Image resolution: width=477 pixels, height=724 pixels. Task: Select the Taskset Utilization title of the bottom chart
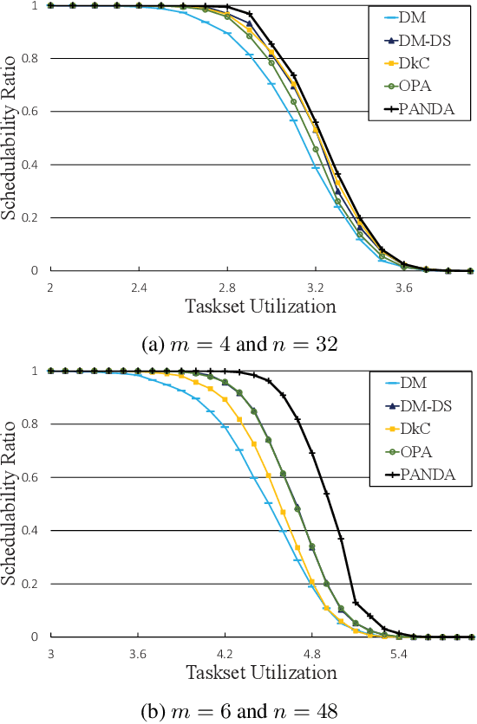pos(260,671)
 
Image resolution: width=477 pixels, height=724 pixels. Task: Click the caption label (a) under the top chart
pos(152,344)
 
